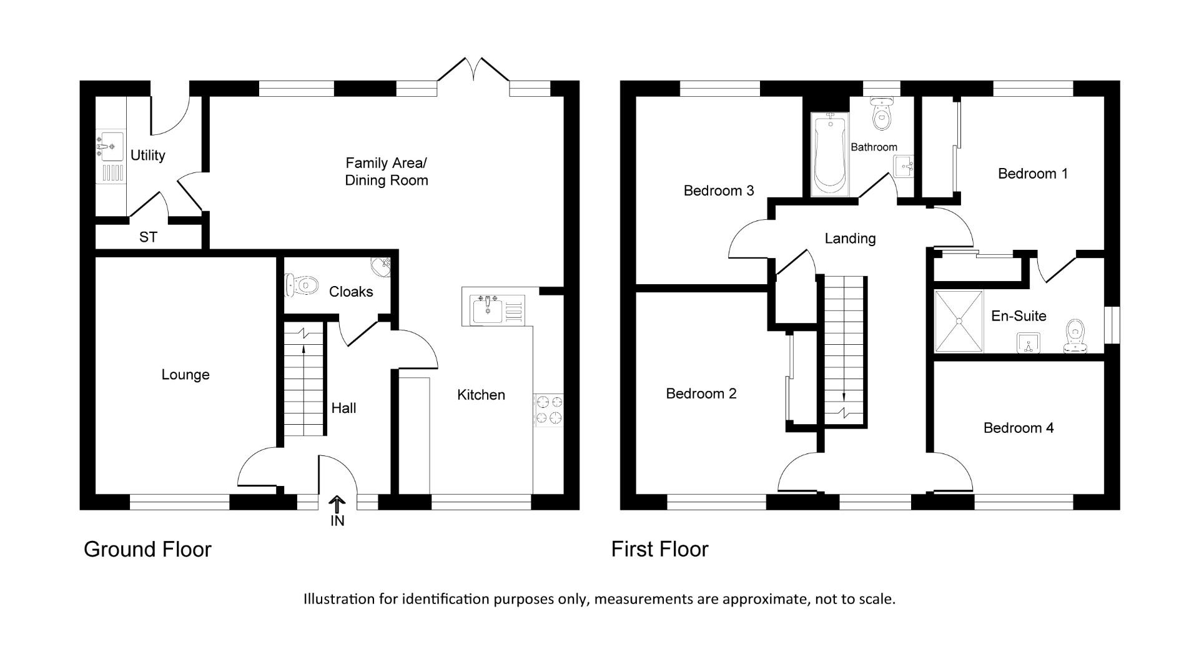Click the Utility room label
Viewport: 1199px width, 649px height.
[x=147, y=155]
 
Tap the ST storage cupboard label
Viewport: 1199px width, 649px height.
[x=148, y=237]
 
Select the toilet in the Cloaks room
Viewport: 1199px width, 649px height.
[x=302, y=285]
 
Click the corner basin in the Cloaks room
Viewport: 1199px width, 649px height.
[x=382, y=266]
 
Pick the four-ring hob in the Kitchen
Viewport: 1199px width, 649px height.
[x=548, y=410]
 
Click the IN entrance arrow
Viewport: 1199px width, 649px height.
[x=337, y=505]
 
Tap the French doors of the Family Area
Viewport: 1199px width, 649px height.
[x=473, y=70]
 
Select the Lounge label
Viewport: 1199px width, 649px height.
[x=185, y=374]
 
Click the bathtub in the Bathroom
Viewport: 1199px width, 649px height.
[x=829, y=154]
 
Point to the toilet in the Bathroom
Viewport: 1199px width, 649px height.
[x=882, y=114]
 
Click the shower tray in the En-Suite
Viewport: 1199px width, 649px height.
[x=959, y=322]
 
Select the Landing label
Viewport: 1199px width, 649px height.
[x=850, y=238]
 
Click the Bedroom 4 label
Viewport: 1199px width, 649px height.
[x=1018, y=427]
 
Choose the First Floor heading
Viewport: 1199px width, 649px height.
[x=659, y=549]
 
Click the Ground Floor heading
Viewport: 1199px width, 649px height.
[x=147, y=549]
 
